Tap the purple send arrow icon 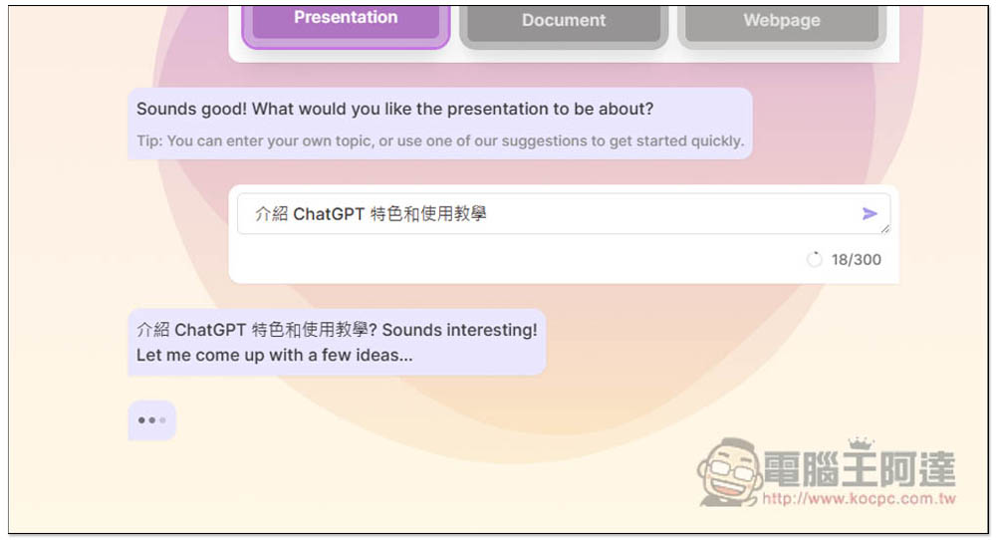click(870, 213)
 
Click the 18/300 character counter click(856, 259)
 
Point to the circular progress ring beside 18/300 click(814, 259)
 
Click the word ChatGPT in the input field click(329, 214)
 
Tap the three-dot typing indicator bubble click(151, 419)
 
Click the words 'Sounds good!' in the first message click(191, 110)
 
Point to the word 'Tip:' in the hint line click(149, 141)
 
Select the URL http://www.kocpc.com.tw click(859, 499)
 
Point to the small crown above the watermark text click(861, 443)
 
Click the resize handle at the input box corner click(885, 229)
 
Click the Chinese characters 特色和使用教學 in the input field click(428, 214)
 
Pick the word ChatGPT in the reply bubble click(210, 331)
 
